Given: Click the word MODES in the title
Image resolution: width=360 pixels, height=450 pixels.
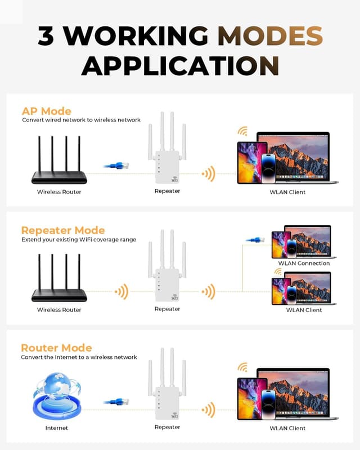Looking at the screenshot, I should pyautogui.click(x=270, y=36).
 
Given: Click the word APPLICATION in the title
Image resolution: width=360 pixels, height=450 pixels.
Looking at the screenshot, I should pyautogui.click(x=180, y=65).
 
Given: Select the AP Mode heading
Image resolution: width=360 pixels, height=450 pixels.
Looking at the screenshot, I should pyautogui.click(x=46, y=111).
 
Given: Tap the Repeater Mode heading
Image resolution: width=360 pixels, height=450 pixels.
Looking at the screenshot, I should pyautogui.click(x=63, y=230).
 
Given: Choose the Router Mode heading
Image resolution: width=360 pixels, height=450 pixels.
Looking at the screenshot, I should pyautogui.click(x=56, y=348).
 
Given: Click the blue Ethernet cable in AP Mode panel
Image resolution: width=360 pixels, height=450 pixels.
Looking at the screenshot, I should pyautogui.click(x=117, y=165).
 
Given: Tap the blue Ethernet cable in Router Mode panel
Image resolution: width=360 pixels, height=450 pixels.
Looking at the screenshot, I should pyautogui.click(x=117, y=402).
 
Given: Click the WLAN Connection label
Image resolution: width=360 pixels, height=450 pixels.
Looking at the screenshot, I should pyautogui.click(x=304, y=263).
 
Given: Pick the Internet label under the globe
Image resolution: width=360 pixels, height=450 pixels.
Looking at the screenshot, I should pyautogui.click(x=56, y=428).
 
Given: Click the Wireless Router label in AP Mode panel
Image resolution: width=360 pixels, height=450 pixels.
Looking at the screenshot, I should pyautogui.click(x=59, y=192).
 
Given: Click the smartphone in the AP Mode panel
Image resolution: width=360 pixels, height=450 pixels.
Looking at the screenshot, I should pyautogui.click(x=268, y=168).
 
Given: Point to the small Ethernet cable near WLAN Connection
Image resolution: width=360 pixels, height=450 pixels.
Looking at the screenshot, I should pyautogui.click(x=255, y=240).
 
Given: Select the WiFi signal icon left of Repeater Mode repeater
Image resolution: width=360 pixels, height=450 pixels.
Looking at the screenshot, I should pyautogui.click(x=121, y=291).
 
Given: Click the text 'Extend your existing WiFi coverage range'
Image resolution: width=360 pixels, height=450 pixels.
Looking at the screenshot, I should pyautogui.click(x=79, y=240).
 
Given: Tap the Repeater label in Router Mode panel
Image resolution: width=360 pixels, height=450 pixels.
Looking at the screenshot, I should pyautogui.click(x=167, y=427).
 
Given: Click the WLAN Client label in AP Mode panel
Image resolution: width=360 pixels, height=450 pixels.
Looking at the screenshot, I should pyautogui.click(x=287, y=192).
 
